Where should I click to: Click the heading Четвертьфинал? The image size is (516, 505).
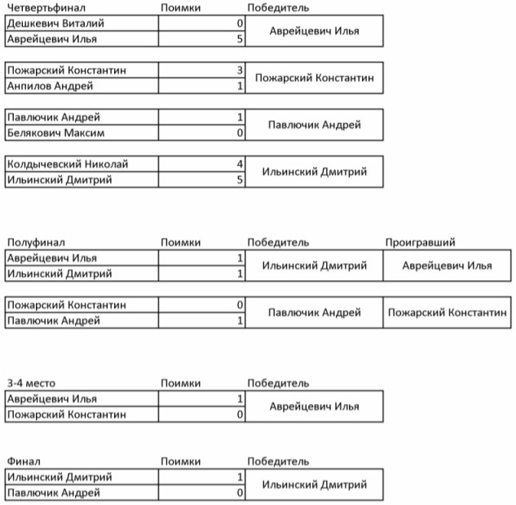tap(39, 8)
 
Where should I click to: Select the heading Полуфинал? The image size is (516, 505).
tap(34, 242)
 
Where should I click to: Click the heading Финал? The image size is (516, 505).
tap(23, 461)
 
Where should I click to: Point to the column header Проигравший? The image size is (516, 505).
tap(420, 242)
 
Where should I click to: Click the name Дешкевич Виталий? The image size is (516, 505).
tap(55, 24)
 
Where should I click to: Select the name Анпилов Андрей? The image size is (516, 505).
tap(50, 86)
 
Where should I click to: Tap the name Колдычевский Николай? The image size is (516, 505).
tap(67, 164)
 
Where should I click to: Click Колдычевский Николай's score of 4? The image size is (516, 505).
tap(240, 164)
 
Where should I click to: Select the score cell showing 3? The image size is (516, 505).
tap(240, 70)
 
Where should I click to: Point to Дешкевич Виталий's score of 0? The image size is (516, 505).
tap(240, 24)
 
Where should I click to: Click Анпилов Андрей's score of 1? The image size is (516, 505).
tap(240, 86)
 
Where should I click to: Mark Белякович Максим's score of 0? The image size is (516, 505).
tap(240, 132)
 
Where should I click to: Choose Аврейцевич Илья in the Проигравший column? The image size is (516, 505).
tap(447, 266)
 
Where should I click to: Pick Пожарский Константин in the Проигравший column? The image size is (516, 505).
tap(447, 312)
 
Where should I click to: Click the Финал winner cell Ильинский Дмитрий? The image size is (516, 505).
tap(314, 485)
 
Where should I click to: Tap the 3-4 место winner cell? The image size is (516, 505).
tap(314, 406)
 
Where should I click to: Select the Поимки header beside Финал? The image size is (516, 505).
tap(181, 461)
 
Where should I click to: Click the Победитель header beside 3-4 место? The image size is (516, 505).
tap(278, 383)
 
